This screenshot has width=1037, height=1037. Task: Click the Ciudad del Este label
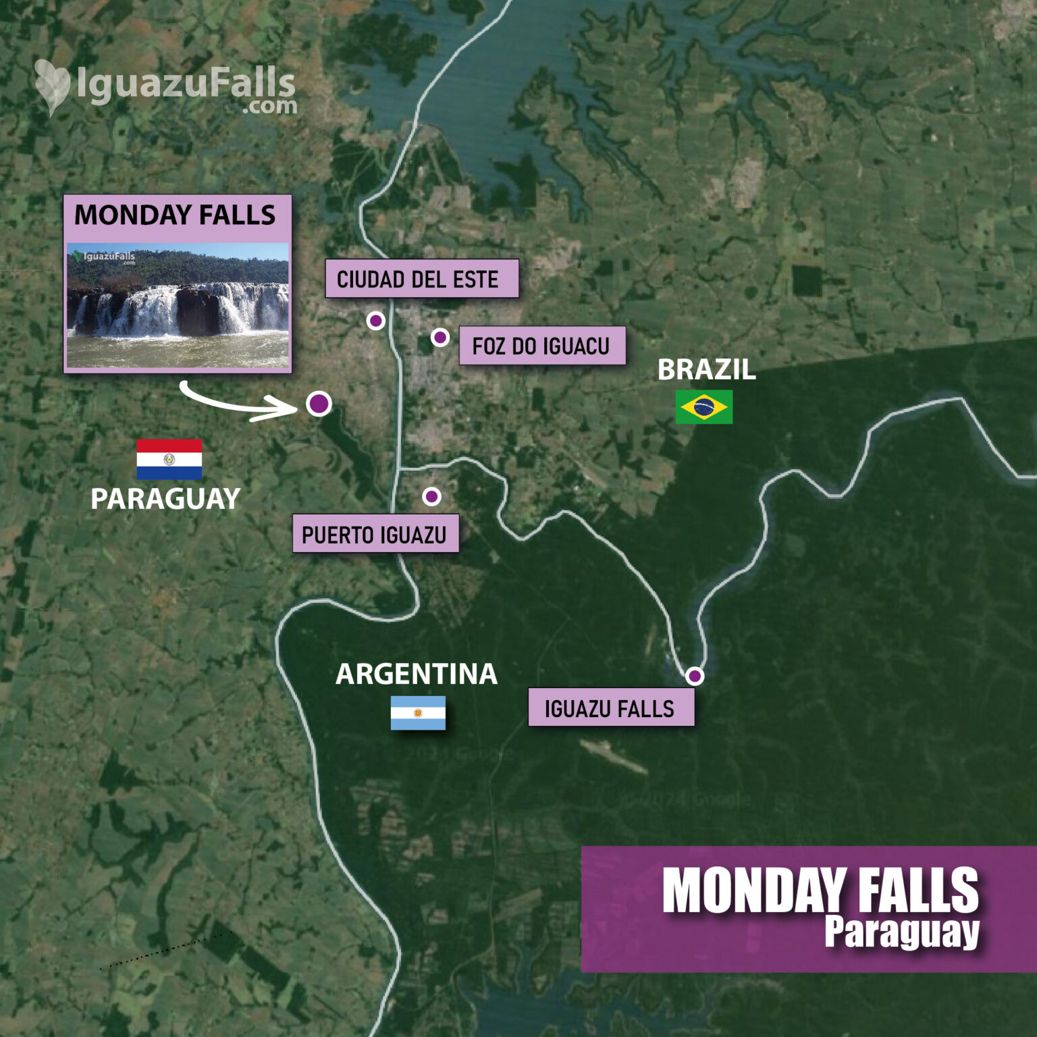[421, 278]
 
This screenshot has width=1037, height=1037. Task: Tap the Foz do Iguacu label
[541, 346]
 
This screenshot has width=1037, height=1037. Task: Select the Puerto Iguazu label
[375, 534]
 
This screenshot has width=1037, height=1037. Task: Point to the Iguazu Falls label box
[610, 708]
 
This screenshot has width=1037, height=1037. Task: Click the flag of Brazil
[703, 407]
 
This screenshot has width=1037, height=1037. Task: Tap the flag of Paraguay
[169, 459]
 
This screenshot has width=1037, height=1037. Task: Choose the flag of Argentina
[418, 713]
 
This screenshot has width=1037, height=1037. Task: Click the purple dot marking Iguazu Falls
[695, 676]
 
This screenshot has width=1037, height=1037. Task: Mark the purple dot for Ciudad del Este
[376, 321]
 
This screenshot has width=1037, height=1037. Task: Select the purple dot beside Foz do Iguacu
[440, 337]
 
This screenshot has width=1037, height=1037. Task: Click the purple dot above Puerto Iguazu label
[431, 497]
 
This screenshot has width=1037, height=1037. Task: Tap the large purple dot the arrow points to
[319, 404]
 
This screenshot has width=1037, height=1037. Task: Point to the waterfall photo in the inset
[178, 306]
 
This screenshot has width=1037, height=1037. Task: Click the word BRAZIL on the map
[706, 370]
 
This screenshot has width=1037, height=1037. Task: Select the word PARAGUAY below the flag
[165, 499]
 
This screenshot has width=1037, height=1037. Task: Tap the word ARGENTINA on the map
[417, 674]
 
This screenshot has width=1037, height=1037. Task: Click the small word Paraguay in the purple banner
[901, 932]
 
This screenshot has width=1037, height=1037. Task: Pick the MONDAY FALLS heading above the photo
[175, 215]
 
